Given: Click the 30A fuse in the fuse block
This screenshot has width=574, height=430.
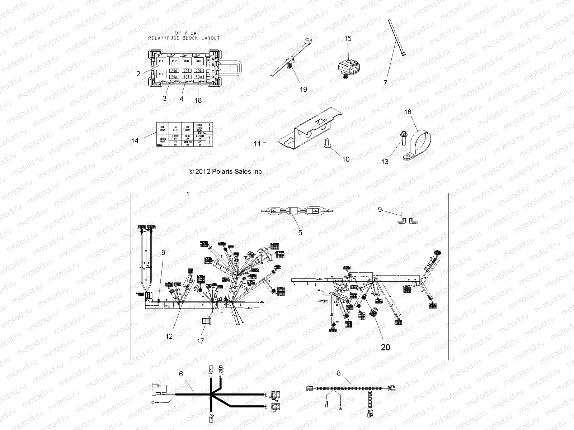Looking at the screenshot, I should coord(198,77).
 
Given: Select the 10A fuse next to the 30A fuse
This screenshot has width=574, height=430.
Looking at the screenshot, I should coord(186,77).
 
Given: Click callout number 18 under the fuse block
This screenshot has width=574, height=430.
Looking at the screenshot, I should coord(198,100).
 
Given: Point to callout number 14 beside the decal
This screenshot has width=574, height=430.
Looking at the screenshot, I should coord(135,141).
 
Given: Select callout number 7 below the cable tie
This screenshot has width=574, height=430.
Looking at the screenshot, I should coord(385,83).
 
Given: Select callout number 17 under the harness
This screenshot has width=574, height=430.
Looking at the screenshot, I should coord(201,341).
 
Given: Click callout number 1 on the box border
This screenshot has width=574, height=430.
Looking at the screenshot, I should coord(188,194).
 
